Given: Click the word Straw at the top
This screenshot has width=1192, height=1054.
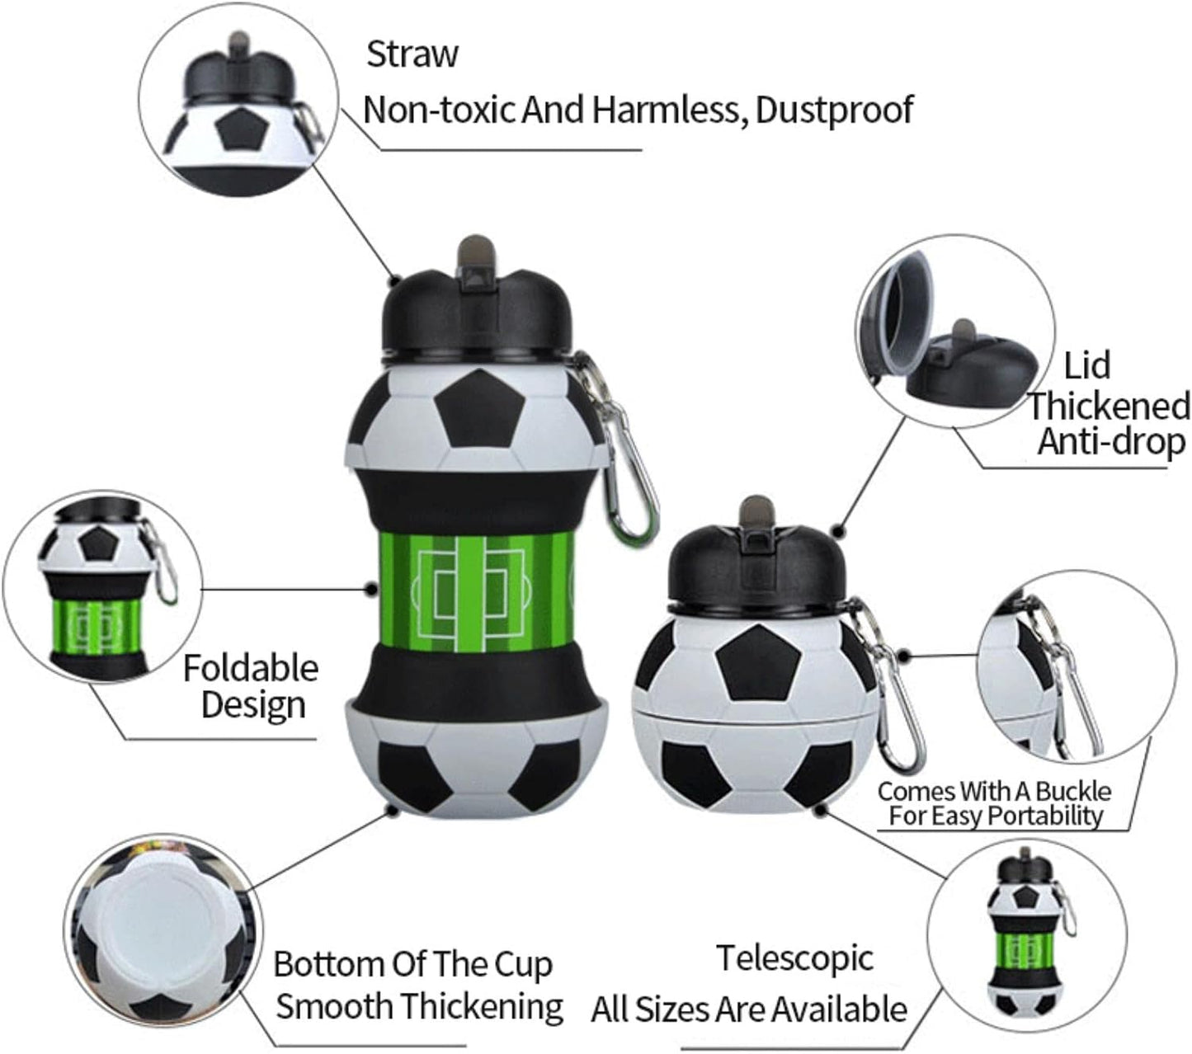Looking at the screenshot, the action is pos(412,54).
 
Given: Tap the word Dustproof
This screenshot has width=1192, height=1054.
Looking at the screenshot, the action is pos(834,110).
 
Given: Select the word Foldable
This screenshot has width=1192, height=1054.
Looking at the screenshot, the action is pos(251,668).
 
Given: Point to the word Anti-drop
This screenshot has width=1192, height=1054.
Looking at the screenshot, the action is pos(1111,442).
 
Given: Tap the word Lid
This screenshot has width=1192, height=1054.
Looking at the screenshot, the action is pos(1086,365).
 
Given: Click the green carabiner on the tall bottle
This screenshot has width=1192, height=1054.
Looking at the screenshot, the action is pos(624,456).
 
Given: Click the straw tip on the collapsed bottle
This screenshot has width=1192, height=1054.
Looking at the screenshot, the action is pos(756,511).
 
